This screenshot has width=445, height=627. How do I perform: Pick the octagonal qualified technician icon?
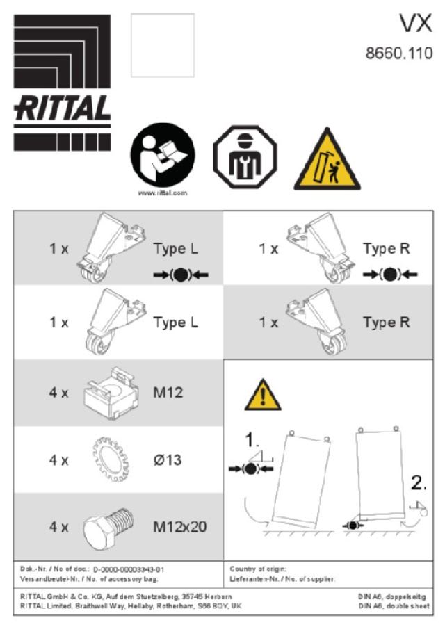point(244,158)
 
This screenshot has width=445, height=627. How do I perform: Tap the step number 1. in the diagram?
point(252,440)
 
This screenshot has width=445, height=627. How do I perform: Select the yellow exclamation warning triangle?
point(262,396)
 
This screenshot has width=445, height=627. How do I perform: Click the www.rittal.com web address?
point(163,193)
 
